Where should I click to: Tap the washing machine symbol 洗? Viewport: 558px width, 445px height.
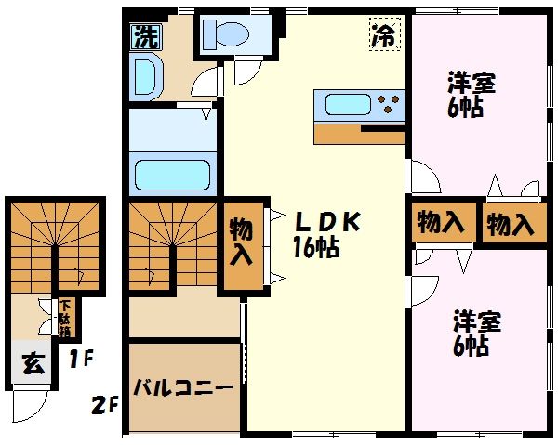144,38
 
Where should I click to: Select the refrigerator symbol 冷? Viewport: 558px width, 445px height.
382,36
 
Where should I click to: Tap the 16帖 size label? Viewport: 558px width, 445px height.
316,248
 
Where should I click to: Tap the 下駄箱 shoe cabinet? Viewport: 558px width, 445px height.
66,317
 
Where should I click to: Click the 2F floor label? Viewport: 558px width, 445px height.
104,406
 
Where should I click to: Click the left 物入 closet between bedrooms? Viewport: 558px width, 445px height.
440,223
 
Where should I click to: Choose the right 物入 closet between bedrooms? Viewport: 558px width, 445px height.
511,224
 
